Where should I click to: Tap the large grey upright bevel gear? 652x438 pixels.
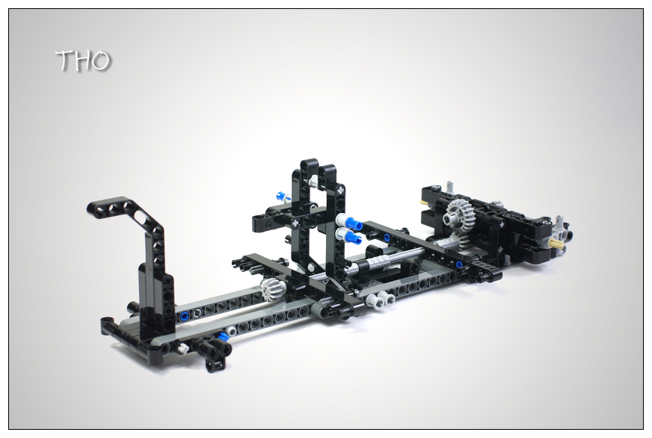pyautogui.click(x=458, y=215)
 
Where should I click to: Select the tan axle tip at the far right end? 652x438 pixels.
pyautogui.click(x=556, y=244)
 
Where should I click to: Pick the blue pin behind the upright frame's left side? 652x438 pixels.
pyautogui.click(x=283, y=196)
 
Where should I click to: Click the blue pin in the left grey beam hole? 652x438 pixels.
pyautogui.click(x=185, y=316)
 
